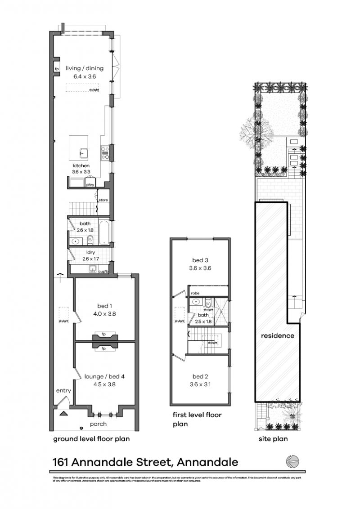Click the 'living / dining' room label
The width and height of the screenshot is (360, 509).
pos(85,68)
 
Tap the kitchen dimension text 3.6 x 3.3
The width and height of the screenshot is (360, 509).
pos(81,171)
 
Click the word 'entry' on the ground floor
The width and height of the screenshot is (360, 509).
pos(63,391)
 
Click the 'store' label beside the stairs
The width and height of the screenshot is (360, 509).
pos(103,200)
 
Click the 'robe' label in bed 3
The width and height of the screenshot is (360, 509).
pos(195,293)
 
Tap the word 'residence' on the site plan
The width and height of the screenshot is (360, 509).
pos(278,335)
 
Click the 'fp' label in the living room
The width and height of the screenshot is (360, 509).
pos(57,69)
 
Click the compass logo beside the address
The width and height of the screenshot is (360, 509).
pos(292,462)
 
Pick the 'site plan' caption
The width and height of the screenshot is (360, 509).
pos(273,439)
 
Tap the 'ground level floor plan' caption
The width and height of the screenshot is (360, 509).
pos(92,439)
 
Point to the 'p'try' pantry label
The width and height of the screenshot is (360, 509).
pos(90,184)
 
